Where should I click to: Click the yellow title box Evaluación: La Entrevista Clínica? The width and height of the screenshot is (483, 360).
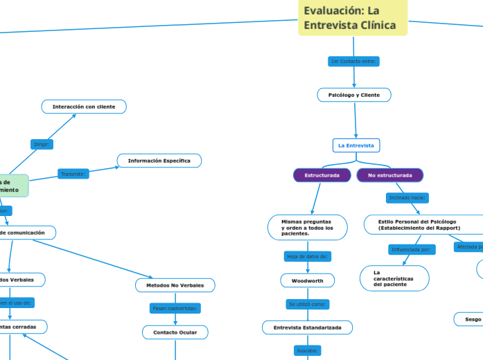pyautogui.click(x=353, y=18)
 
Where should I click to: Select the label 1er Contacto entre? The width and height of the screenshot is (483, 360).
pyautogui.click(x=353, y=62)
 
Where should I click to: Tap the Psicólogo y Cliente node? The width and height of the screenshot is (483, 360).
pyautogui.click(x=354, y=95)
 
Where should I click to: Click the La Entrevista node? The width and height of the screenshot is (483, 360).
pyautogui.click(x=356, y=145)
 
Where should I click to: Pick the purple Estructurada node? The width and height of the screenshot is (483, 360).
pyautogui.click(x=322, y=175)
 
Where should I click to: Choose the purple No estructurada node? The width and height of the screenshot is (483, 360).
pyautogui.click(x=390, y=175)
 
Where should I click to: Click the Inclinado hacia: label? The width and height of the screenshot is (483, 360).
pyautogui.click(x=407, y=198)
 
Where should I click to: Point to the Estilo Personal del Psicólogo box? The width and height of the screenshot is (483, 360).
pyautogui.click(x=419, y=224)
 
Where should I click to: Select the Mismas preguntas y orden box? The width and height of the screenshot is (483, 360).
pyautogui.click(x=308, y=228)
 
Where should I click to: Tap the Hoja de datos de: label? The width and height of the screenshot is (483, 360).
pyautogui.click(x=308, y=257)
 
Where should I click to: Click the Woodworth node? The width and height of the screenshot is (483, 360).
pyautogui.click(x=307, y=280)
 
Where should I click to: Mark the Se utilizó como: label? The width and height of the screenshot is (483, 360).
pyautogui.click(x=308, y=304)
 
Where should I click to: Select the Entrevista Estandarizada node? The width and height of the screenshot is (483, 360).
pyautogui.click(x=307, y=327)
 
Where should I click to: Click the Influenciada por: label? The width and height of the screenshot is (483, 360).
pyautogui.click(x=412, y=249)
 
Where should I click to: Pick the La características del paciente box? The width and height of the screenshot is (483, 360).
pyautogui.click(x=394, y=278)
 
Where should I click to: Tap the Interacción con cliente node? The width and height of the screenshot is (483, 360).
pyautogui.click(x=84, y=107)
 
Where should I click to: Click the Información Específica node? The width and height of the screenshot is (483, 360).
pyautogui.click(x=159, y=161)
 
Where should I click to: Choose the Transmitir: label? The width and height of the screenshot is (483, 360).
pyautogui.click(x=73, y=174)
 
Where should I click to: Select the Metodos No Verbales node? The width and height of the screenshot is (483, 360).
pyautogui.click(x=175, y=285)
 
